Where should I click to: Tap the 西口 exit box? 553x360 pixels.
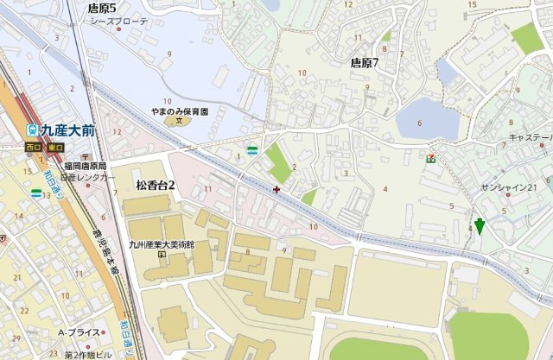pos(33,148)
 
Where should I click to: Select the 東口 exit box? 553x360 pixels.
pos(55,148)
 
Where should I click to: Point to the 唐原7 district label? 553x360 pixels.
pos(365,62)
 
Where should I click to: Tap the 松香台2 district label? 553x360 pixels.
pos(156,186)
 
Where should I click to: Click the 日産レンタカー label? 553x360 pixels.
pos(87,177)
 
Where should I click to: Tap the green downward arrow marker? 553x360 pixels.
pos(479,226)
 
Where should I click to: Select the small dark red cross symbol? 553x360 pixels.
pos(276,188)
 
